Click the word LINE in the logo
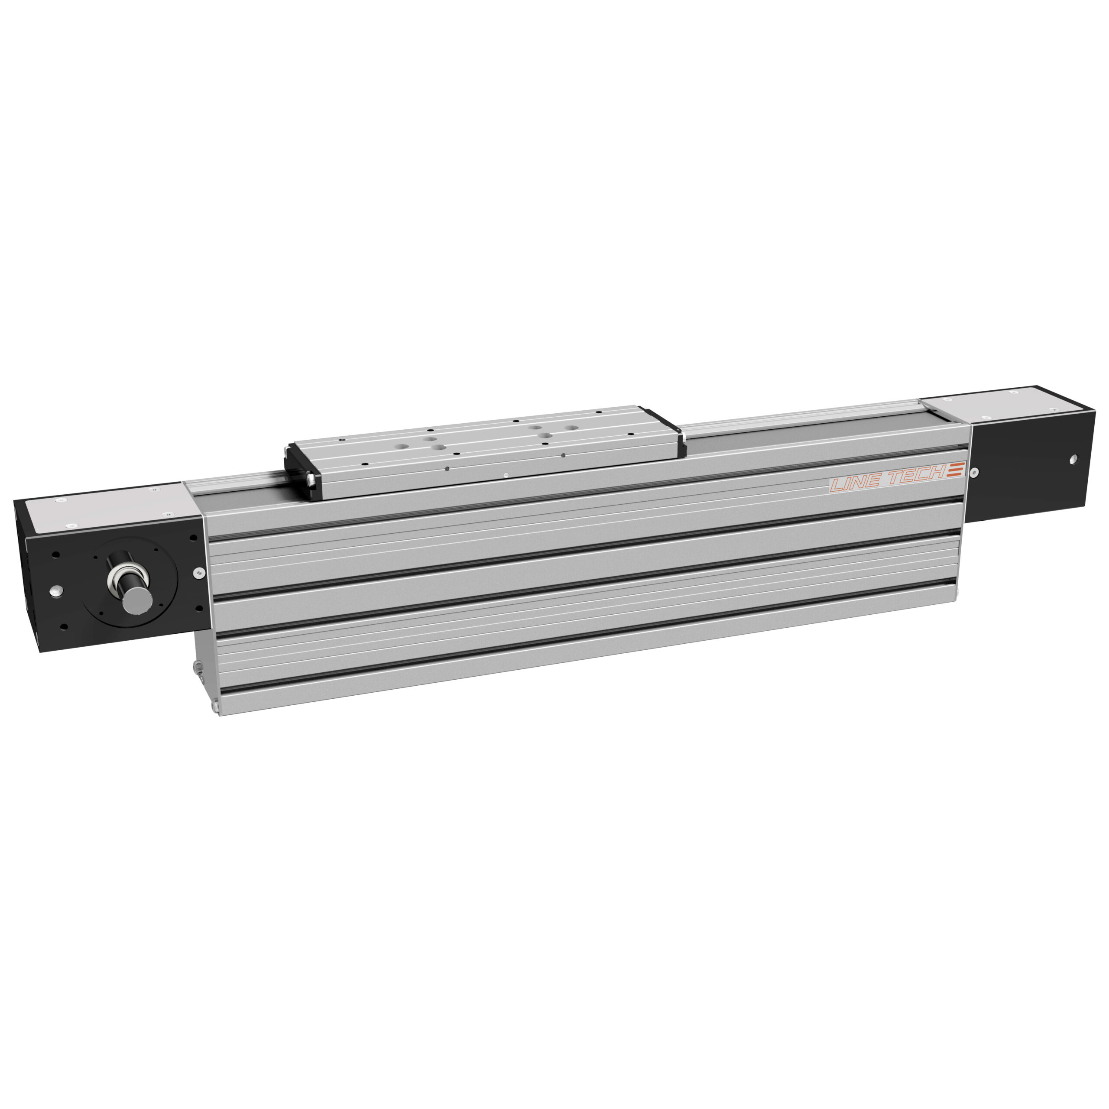(855, 482)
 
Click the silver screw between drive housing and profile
(198, 572)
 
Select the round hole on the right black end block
(1073, 459)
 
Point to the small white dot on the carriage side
(505, 475)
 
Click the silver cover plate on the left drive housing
(109, 508)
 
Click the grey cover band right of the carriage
(804, 431)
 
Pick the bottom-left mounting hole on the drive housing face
(63, 626)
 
